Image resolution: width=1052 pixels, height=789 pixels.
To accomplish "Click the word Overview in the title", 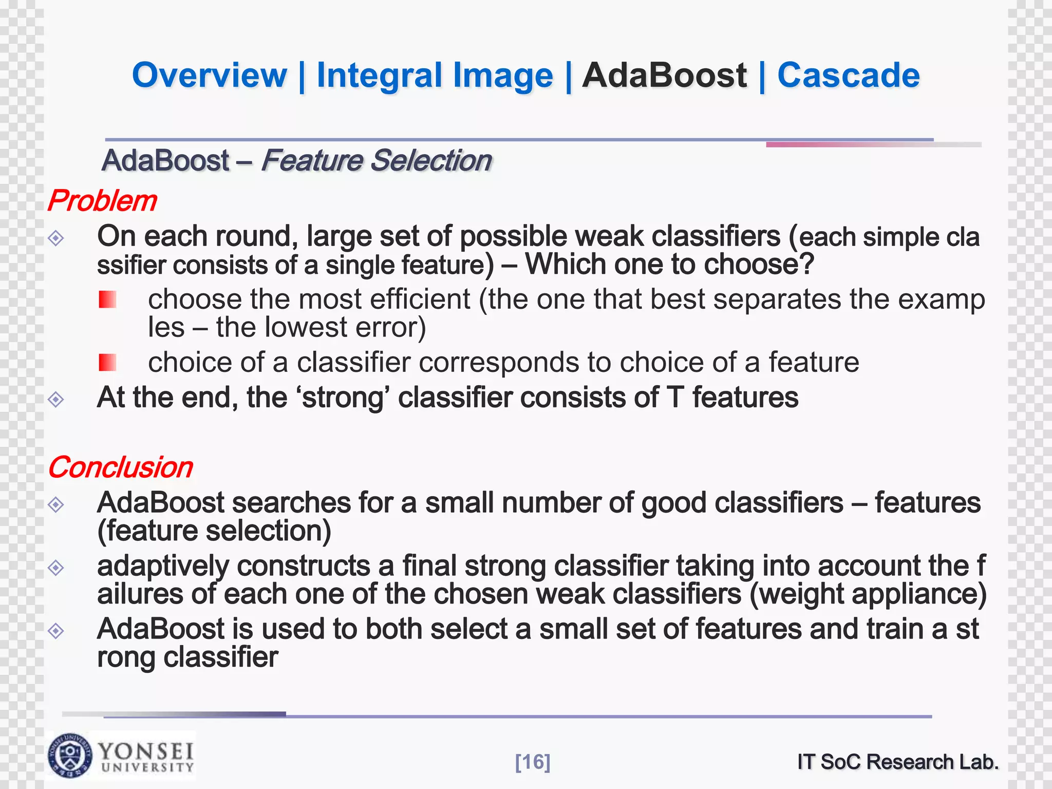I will click(209, 76).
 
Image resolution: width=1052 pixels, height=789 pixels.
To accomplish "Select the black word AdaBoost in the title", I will click(664, 76).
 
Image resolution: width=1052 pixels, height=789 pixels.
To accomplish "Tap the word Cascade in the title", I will click(848, 76).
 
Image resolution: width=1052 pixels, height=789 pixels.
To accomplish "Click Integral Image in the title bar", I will click(435, 76).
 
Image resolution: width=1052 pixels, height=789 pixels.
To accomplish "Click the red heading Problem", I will click(102, 200).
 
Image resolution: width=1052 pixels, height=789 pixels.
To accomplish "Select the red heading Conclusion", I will click(120, 467).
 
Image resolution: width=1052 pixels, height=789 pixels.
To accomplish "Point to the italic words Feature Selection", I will click(376, 160).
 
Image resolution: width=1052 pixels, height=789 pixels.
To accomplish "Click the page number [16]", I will click(532, 762).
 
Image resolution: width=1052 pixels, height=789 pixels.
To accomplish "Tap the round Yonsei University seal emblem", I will click(70, 755).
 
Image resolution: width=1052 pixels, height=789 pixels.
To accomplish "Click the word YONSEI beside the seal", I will click(146, 751).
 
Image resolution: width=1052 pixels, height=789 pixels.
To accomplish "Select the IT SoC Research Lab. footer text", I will click(897, 762).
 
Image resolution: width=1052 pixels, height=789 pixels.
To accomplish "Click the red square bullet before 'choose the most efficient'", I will click(107, 299).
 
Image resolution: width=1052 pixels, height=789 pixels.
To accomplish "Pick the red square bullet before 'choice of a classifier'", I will click(107, 363).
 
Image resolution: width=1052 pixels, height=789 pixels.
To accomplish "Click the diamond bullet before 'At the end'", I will click(55, 399).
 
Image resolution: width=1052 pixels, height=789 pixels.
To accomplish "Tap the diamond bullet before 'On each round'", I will click(55, 238).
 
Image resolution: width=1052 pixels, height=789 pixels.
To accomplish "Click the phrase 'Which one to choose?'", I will click(669, 265).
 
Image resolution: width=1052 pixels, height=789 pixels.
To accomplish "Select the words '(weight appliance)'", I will click(868, 594).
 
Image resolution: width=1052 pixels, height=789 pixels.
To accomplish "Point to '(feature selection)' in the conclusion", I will click(214, 531).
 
